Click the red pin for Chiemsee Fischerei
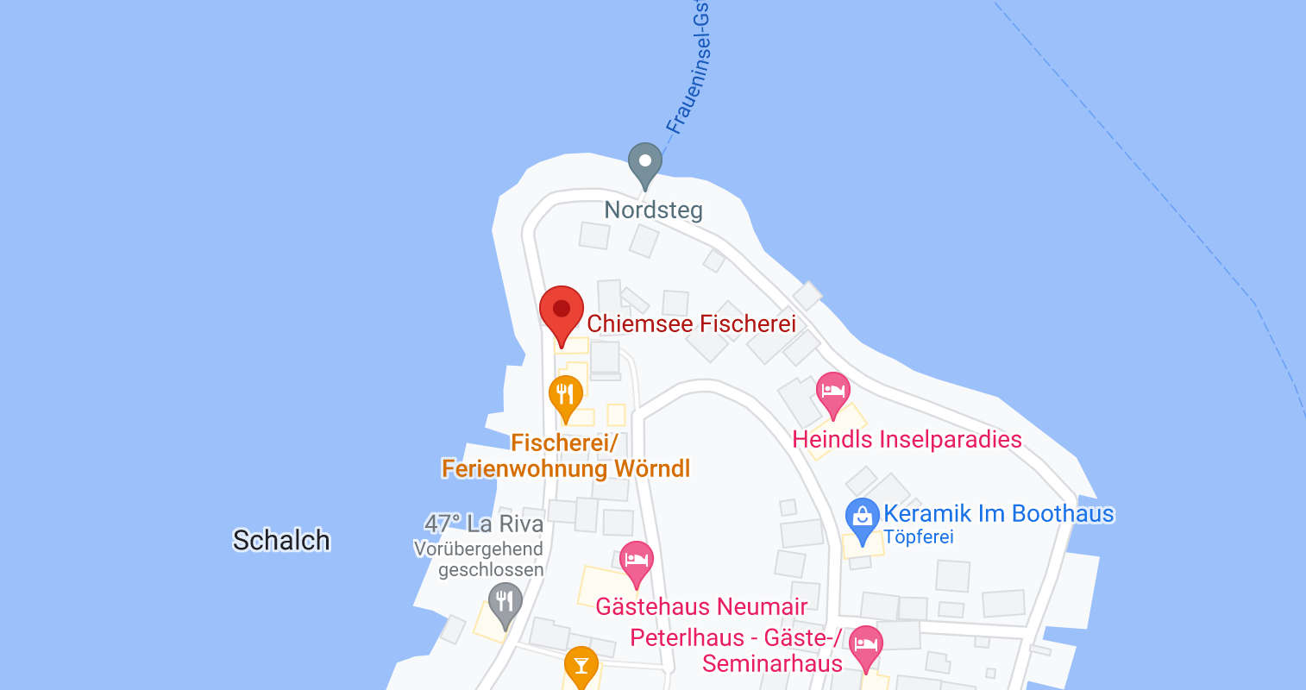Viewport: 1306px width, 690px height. [x=562, y=310]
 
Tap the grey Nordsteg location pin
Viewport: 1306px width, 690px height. [x=644, y=162]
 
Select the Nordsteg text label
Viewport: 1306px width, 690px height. [x=653, y=210]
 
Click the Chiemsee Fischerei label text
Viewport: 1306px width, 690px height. [x=691, y=323]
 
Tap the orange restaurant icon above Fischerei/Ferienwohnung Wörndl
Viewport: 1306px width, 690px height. [x=566, y=396]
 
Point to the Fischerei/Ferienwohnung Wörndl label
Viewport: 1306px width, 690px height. [x=565, y=455]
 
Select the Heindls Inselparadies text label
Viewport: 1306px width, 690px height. [x=907, y=439]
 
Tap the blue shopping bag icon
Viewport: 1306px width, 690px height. [x=862, y=517]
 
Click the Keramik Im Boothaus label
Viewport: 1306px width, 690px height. [x=998, y=513]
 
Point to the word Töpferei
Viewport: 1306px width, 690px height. [x=918, y=536]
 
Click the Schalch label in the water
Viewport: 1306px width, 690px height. [x=281, y=540]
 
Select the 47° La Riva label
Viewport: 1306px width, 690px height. [x=484, y=524]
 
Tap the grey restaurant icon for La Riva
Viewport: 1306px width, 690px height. [x=505, y=600]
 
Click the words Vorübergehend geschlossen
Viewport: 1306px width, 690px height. [x=479, y=559]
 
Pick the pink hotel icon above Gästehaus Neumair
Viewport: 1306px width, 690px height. [x=636, y=561]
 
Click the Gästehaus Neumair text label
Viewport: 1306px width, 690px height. [x=701, y=606]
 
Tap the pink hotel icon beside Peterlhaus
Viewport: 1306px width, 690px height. [x=865, y=645]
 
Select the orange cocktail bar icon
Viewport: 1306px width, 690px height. [x=581, y=665]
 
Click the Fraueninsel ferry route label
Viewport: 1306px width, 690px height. [x=690, y=69]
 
